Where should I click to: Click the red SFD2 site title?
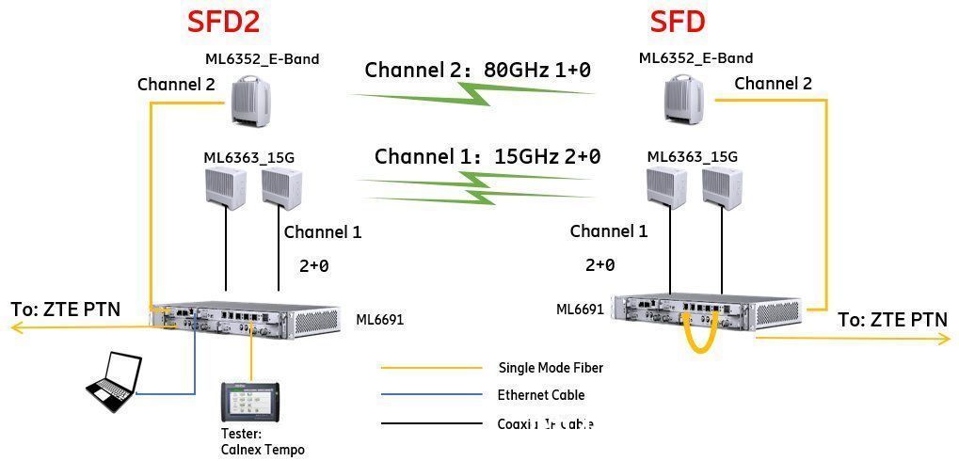coord(223,22)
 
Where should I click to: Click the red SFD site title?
coord(678,22)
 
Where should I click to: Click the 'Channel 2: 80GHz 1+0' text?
coord(477,70)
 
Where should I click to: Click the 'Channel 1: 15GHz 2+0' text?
coord(487,156)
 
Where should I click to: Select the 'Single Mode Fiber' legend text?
coord(550,368)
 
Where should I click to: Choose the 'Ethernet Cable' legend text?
coord(540,395)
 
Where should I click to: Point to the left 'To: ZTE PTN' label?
coord(65,309)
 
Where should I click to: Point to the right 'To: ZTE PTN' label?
coord(892,320)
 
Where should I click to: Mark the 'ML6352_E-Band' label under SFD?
coord(695,58)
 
